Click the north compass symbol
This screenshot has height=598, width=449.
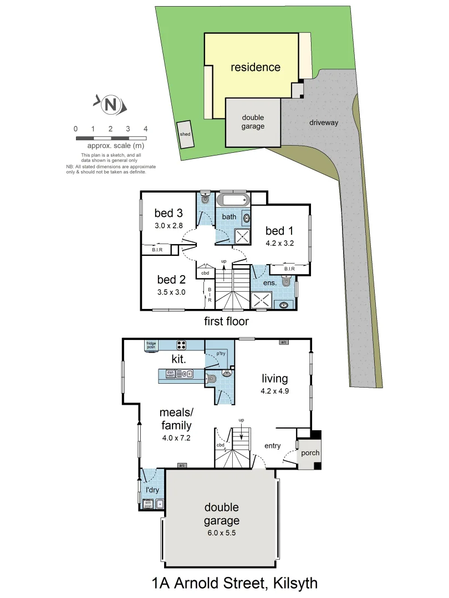click(111, 104)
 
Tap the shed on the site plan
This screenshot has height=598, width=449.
click(185, 135)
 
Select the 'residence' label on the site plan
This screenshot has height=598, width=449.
click(256, 68)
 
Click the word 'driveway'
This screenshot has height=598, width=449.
click(324, 123)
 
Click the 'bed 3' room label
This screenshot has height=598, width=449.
click(169, 213)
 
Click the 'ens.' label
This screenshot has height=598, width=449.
click(269, 283)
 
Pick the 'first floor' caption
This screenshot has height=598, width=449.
click(226, 321)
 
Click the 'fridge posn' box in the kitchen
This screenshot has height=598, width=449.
click(152, 344)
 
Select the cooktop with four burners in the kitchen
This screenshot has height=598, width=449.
click(182, 344)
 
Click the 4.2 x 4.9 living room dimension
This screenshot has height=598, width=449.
click(274, 390)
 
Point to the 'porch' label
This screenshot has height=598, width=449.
click(309, 453)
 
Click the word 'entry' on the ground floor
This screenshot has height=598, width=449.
click(273, 446)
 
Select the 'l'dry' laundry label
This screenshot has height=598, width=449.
click(152, 491)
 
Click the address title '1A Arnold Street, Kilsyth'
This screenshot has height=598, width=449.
click(234, 583)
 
